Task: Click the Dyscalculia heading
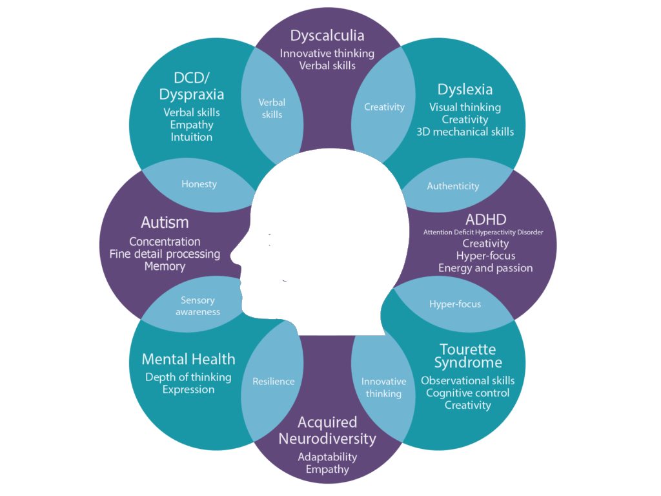[327, 36]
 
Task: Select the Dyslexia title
[465, 90]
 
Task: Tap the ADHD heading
[485, 219]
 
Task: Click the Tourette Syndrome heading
[468, 356]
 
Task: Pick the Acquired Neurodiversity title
[327, 431]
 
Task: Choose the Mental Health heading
[188, 359]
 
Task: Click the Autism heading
[165, 223]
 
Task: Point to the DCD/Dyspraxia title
[192, 85]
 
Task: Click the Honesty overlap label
[199, 184]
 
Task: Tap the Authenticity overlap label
[453, 186]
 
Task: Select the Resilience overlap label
[273, 381]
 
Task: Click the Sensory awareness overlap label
[198, 306]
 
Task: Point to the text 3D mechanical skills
[465, 132]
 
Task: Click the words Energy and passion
[485, 268]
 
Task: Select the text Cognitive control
[468, 393]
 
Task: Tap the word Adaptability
[327, 457]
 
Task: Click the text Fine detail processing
[165, 254]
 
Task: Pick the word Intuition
[192, 137]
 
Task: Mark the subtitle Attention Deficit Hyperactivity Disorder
[483, 232]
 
